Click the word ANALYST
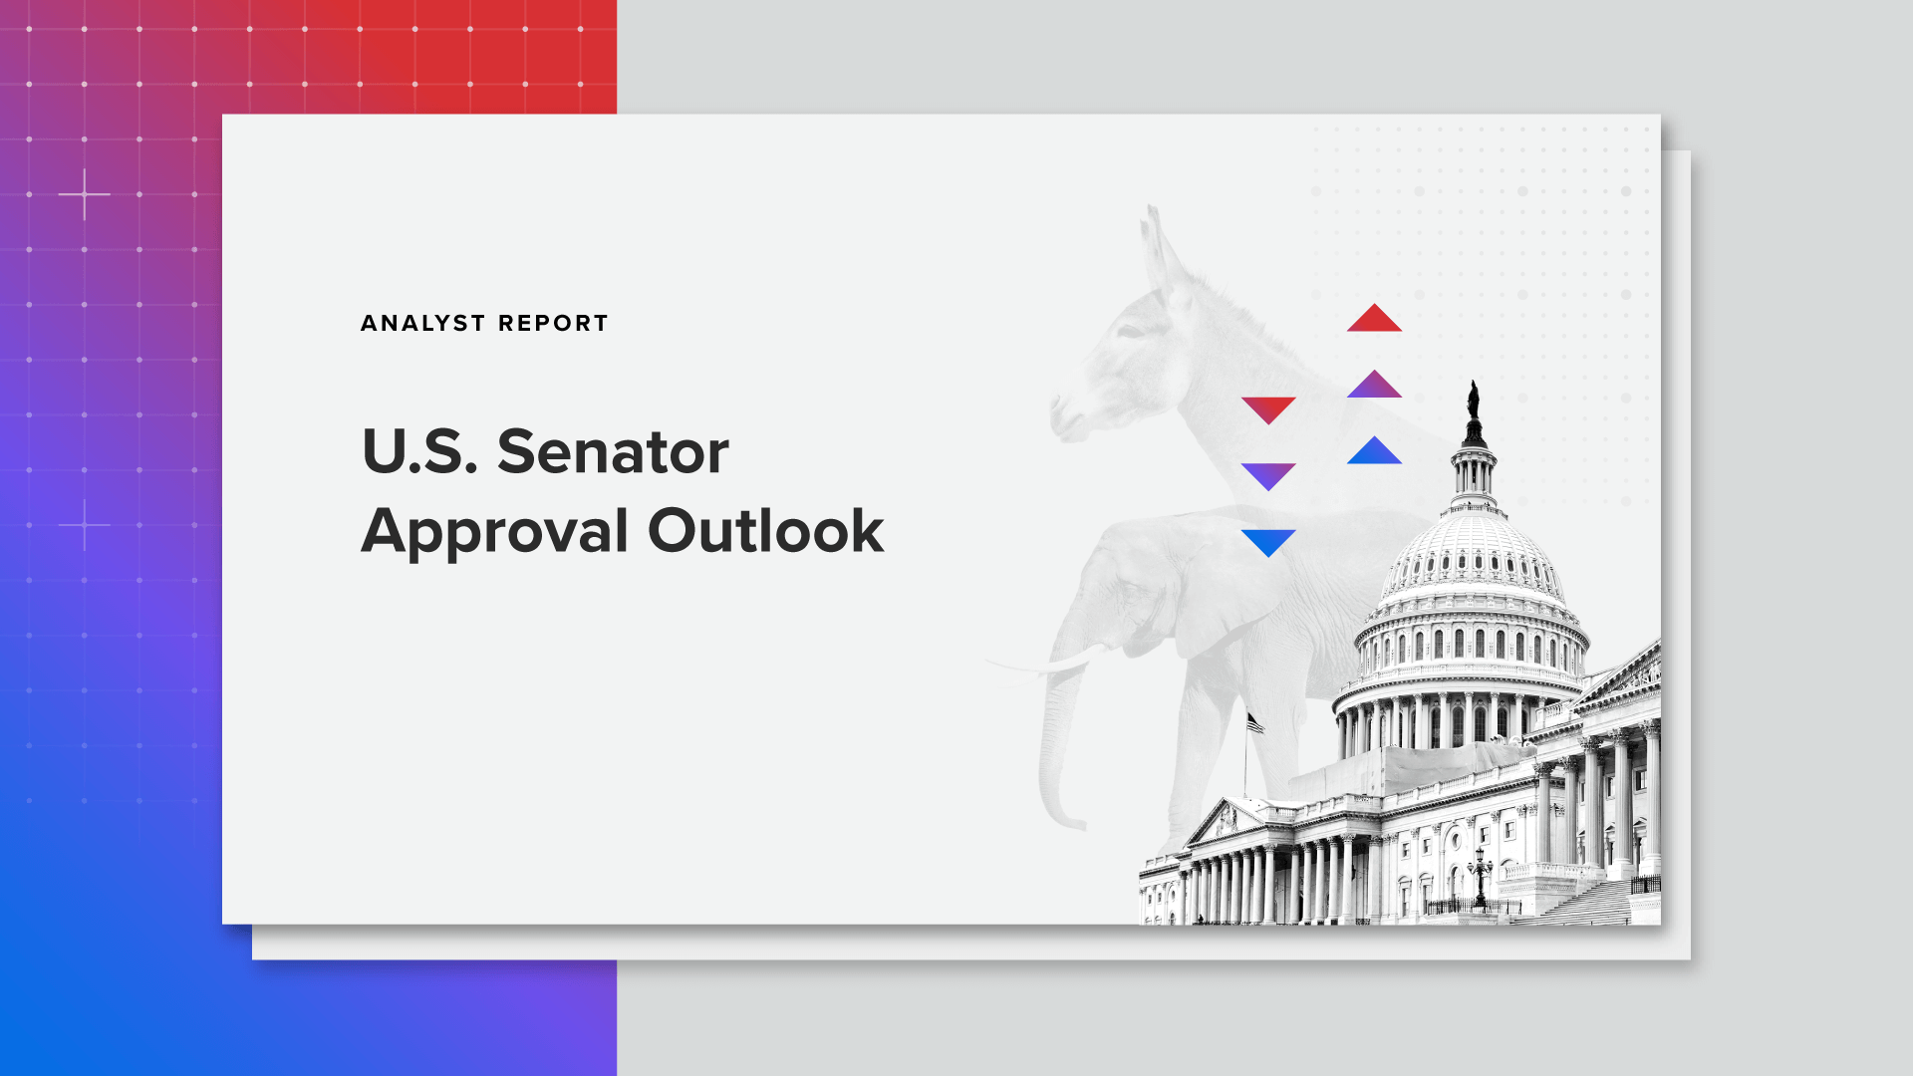pos(422,323)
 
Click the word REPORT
pos(553,323)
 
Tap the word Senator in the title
pos(613,451)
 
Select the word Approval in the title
pos(494,532)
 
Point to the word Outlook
pos(766,530)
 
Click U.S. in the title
pos(419,451)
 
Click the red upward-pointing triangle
pos(1374,317)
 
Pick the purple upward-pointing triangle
pos(1374,384)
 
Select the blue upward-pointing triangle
pos(1374,450)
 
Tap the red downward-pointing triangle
pos(1268,409)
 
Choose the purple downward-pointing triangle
pos(1268,476)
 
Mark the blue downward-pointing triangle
pos(1268,542)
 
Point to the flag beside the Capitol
pos(1255,723)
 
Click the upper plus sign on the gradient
pos(85,194)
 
